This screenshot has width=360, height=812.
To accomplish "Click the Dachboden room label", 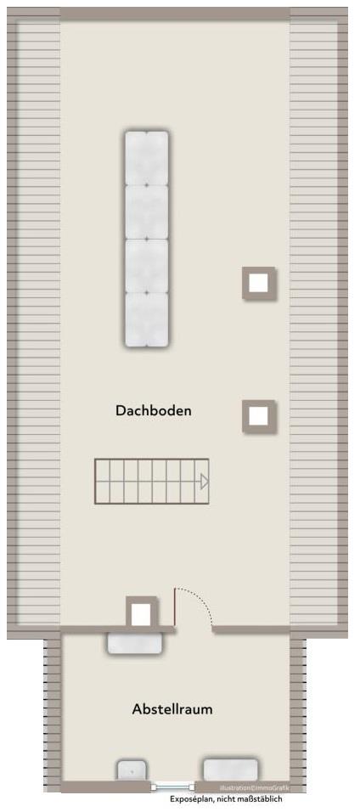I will point(154,410).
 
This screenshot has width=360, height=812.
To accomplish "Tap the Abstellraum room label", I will point(172,708).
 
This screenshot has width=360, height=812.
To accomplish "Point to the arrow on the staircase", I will point(204,482).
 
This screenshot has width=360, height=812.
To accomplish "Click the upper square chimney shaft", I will point(259,283).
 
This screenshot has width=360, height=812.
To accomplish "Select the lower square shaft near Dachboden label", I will point(259,416).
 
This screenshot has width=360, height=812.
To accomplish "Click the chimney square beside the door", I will point(142,612).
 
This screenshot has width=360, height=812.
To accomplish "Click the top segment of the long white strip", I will point(147,158).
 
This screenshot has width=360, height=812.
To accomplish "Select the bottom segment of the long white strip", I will point(147,319).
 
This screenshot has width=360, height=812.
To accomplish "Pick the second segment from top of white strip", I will point(147,211).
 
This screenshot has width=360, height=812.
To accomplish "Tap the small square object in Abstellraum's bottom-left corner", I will point(130,770).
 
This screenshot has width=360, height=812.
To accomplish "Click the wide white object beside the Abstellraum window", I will point(229,769).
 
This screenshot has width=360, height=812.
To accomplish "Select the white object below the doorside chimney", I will point(134,643).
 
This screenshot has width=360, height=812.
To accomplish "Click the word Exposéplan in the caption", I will point(191,799).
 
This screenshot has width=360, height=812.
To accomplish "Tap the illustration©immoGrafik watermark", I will point(254,787).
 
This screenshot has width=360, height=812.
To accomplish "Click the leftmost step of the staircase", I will point(103,481).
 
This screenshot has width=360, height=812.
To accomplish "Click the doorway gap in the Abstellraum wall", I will point(194,629).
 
